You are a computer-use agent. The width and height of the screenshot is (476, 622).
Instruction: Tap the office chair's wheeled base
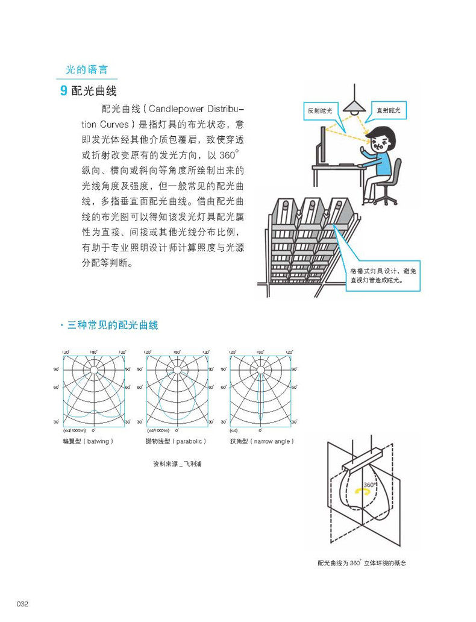(x=384, y=199)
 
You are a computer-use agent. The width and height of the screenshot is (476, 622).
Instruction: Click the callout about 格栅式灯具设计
(x=381, y=275)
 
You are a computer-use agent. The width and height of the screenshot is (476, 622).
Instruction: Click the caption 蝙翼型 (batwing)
(x=88, y=441)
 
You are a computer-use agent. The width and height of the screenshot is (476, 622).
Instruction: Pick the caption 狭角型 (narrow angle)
(x=262, y=441)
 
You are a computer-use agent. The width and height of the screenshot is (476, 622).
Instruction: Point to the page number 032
(x=23, y=604)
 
